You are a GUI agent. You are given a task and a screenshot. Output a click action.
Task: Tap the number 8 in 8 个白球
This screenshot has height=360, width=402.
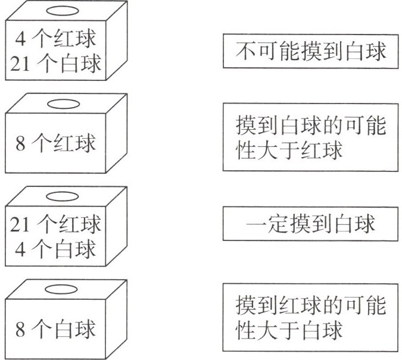coord(20,330)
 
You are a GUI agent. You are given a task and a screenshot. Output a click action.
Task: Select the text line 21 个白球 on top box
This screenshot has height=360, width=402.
coord(55,64)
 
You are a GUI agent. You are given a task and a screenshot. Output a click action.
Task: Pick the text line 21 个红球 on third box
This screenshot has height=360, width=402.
coord(55,226)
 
